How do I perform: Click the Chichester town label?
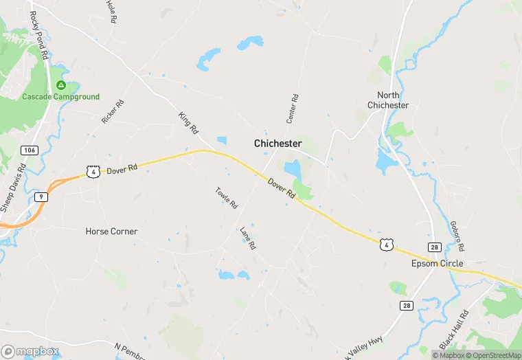coord(277,144)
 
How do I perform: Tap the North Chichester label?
coord(388,100)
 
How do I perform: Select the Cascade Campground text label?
coord(60,97)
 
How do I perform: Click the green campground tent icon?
coord(60,85)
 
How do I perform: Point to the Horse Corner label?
coord(111,232)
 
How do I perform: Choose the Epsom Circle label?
coord(437,264)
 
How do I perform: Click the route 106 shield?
coord(29,150)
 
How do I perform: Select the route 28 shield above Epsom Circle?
coord(434,247)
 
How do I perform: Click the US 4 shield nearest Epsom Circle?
coord(387,244)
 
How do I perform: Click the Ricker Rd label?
coord(113,112)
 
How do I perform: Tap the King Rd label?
coord(188,123)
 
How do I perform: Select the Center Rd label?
coord(293,109)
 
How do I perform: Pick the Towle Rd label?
coord(226,199)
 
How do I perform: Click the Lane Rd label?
coord(247,238)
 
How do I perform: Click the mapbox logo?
coord(31,351)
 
